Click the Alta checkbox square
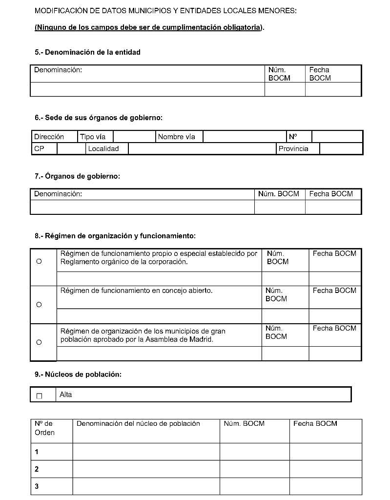pos(40,396)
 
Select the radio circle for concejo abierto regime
pos(39,305)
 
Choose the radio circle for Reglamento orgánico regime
pos(39,261)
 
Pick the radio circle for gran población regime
pos(39,342)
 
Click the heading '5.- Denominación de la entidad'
pos(87,52)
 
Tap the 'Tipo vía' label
pos(93,137)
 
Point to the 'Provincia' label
pos(293,149)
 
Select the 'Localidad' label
pos(103,149)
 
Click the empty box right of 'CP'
pos(71,149)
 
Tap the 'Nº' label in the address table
pos(293,137)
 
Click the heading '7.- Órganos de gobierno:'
pos(77,176)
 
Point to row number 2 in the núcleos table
pos(37,469)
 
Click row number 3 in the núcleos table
pos(37,486)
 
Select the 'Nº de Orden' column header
pos(44,428)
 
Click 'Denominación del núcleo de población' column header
pos(138,424)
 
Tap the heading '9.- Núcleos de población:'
pos(78,375)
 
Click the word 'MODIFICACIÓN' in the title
pos(60,11)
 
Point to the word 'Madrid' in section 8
pos(202,339)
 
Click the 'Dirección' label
pos(49,137)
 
